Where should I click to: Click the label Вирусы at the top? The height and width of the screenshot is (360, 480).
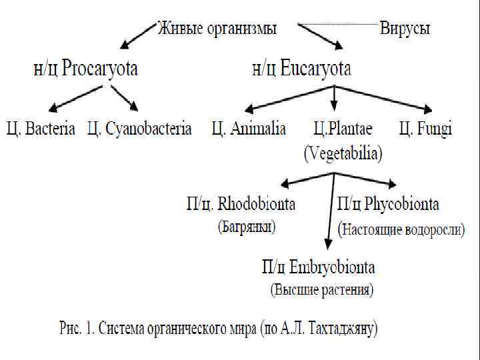(405, 29)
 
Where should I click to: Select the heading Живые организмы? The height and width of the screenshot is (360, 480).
(217, 29)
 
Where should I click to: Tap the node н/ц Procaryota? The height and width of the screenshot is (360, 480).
(85, 69)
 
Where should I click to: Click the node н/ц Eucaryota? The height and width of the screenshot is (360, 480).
(301, 69)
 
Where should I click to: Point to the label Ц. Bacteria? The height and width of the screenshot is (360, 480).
(41, 128)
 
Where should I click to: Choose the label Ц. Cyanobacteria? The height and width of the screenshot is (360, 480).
(139, 128)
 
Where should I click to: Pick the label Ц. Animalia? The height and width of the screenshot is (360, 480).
(249, 128)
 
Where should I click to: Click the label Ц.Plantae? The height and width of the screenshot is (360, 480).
(343, 128)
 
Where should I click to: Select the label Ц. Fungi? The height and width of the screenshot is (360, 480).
(425, 128)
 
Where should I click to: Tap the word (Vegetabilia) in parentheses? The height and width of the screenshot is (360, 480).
(343, 155)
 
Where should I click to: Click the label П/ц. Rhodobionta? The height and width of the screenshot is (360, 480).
(241, 203)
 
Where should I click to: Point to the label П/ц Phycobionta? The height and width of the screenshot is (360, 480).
(389, 203)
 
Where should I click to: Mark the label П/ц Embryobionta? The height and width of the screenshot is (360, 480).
(318, 267)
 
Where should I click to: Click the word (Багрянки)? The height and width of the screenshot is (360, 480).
(247, 227)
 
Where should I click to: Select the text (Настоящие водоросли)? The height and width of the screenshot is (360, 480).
(402, 230)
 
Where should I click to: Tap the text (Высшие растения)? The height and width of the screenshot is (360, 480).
(321, 291)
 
